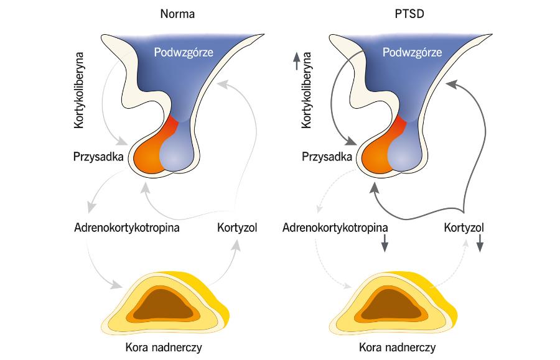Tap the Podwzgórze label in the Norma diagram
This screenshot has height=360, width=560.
pyautogui.click(x=184, y=53)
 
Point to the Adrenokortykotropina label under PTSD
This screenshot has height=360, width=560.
pyautogui.click(x=335, y=227)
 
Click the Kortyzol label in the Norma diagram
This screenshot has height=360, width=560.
pyautogui.click(x=236, y=227)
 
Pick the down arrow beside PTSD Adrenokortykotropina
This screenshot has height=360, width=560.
pyautogui.click(x=385, y=242)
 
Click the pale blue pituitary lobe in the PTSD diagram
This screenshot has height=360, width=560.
pyautogui.click(x=405, y=154)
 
